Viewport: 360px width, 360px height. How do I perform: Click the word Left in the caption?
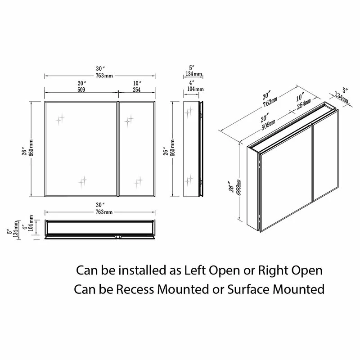[195, 270]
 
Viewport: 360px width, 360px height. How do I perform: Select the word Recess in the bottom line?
[135, 289]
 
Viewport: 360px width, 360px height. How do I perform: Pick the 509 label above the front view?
[81, 90]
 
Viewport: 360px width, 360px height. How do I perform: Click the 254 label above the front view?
[137, 90]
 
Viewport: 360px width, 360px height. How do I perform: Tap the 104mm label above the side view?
[195, 89]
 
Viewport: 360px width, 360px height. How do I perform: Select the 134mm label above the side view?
[194, 74]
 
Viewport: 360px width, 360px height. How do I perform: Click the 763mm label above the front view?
[104, 75]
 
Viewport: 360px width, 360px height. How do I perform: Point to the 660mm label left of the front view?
[31, 148]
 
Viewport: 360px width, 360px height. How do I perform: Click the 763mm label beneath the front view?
[104, 211]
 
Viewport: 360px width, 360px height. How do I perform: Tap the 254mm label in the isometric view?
[304, 104]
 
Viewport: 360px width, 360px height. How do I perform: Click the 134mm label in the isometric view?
[342, 97]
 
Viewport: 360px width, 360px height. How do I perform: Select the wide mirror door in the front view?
[81, 149]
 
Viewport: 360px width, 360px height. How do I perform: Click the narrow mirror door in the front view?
[137, 149]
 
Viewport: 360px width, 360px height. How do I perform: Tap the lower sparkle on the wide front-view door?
[82, 182]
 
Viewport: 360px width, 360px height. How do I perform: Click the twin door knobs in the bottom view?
[118, 237]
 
